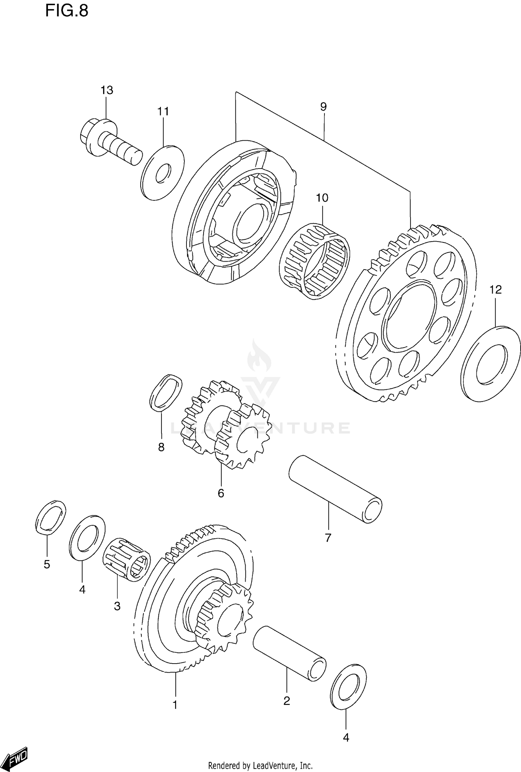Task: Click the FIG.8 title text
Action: tap(67, 11)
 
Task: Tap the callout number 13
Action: tap(107, 90)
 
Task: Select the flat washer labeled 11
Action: tap(163, 172)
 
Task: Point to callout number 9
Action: tap(323, 107)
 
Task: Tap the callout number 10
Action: tap(322, 198)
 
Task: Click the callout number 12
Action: tap(496, 289)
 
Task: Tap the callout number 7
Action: tap(328, 538)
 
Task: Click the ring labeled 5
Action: tap(51, 517)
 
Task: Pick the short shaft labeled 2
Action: tap(289, 654)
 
